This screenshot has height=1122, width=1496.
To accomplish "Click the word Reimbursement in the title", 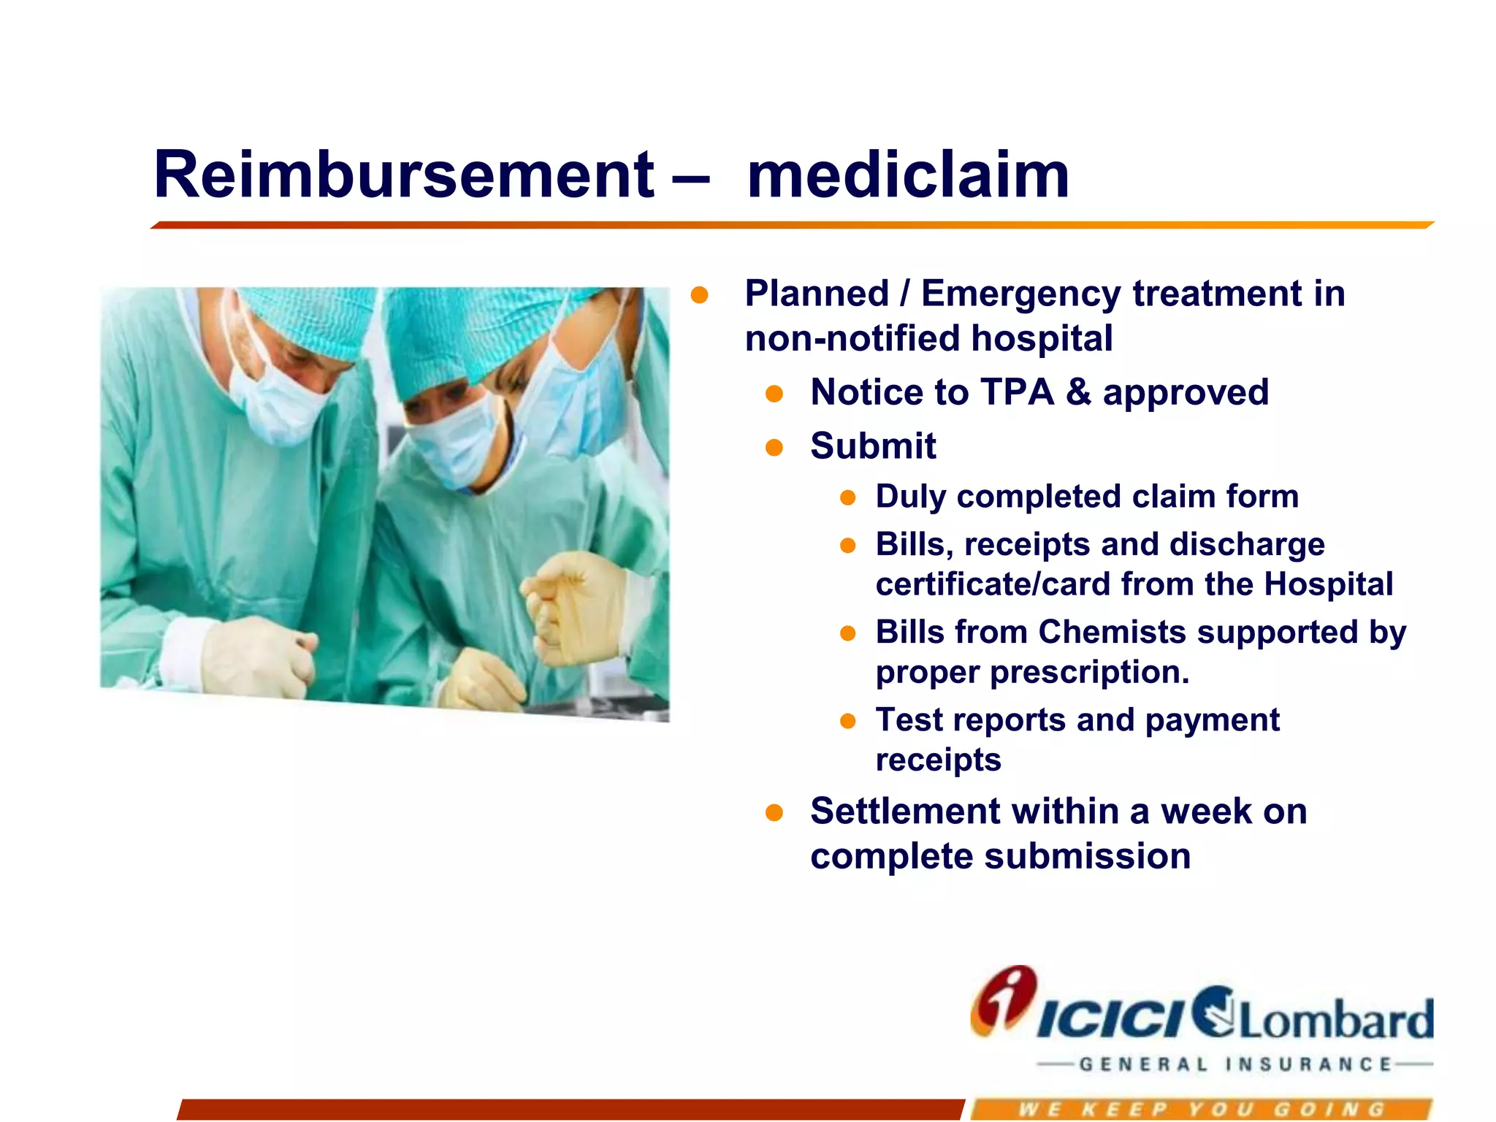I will point(404,175).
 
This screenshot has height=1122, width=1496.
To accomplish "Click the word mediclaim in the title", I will point(908,175).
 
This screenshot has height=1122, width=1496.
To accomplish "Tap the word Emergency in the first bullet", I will point(1020,294).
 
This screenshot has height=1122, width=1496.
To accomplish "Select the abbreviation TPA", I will point(1017,392).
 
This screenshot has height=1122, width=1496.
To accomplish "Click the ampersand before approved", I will point(1078,392).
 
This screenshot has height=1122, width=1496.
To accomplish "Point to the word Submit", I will point(873,446).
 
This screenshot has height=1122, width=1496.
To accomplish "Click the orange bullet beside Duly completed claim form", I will point(847,498).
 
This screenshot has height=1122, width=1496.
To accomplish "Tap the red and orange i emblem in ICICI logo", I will point(1003,1001).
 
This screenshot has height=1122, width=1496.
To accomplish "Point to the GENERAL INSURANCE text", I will point(1234,1064).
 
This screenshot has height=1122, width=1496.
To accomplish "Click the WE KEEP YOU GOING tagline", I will point(1202,1110).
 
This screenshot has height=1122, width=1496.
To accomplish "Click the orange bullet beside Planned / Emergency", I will point(699,295).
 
